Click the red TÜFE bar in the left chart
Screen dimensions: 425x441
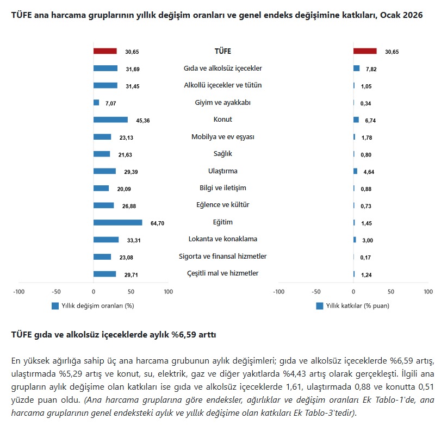(105, 51)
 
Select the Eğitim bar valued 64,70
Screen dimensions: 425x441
(117, 222)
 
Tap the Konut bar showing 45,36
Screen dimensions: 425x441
(110, 120)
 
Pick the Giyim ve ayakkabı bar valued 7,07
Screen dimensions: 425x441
(96, 103)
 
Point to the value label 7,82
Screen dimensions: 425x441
(372, 69)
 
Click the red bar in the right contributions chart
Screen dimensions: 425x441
(364, 51)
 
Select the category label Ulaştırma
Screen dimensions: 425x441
(223, 171)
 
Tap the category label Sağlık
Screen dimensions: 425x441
(223, 154)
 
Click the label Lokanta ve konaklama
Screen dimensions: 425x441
(223, 239)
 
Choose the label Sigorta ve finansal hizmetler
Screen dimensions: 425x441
(223, 256)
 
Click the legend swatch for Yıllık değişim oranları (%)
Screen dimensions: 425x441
(55, 306)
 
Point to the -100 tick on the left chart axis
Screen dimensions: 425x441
(19, 292)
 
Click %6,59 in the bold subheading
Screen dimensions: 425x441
(184, 335)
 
